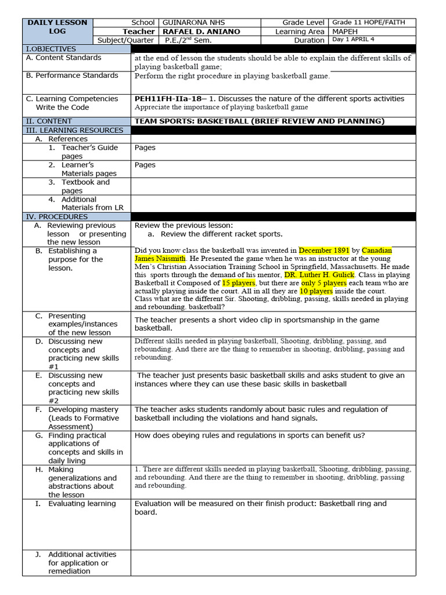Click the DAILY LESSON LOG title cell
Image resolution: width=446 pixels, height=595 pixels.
point(57,27)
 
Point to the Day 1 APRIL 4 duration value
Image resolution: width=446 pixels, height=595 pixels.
point(357,40)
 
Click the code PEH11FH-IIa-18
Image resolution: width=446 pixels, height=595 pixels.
point(169,99)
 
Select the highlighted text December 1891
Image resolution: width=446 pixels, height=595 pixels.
point(324,250)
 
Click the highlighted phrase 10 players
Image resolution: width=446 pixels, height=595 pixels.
point(317,291)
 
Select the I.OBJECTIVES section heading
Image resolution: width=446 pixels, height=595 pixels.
point(51,49)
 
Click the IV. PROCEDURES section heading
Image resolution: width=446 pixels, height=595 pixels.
point(56,216)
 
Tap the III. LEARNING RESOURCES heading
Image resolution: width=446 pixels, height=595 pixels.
point(74,130)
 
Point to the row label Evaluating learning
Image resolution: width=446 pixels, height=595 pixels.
point(81,504)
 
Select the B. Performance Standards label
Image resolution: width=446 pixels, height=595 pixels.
point(72,75)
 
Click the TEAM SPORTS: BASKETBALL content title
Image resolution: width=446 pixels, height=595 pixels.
point(260,121)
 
